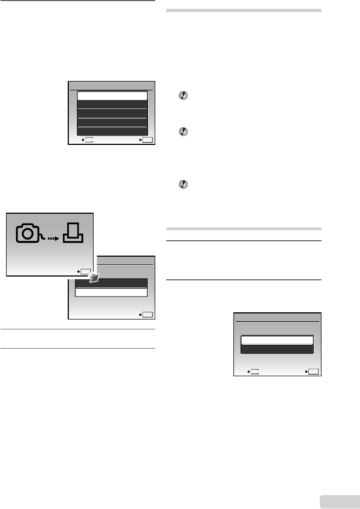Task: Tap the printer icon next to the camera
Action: [73, 233]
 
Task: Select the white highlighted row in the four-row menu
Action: [112, 95]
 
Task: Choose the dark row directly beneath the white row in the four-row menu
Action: [112, 105]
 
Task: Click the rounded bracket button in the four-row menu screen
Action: [89, 140]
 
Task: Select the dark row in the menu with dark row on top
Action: [112, 283]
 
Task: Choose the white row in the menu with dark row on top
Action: [112, 293]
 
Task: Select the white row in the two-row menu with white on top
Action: [277, 340]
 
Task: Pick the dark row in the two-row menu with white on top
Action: [277, 349]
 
